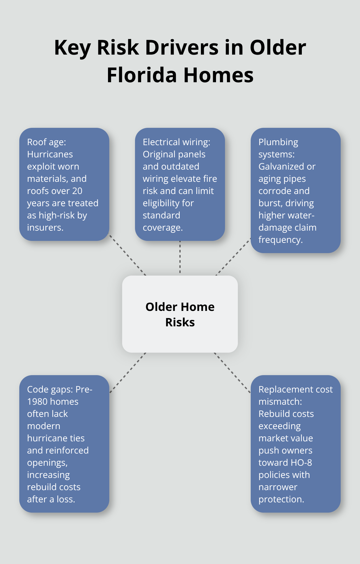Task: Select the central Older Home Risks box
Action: (x=180, y=314)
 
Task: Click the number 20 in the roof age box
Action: (x=77, y=191)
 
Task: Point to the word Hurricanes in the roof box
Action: (x=50, y=154)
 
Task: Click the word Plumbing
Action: (x=278, y=142)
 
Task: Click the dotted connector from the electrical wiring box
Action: (x=180, y=257)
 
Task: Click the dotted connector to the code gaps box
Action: (x=128, y=373)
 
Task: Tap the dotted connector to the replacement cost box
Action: (x=232, y=373)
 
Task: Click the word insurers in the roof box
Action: (x=45, y=227)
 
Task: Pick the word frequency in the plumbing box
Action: (x=280, y=240)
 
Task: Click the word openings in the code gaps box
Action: (x=47, y=463)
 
